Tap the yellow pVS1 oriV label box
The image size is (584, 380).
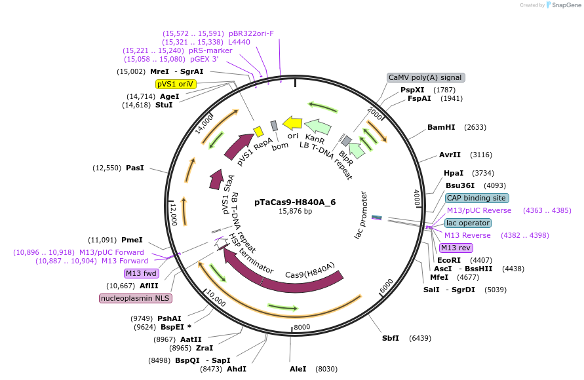pyautogui.click(x=176, y=84)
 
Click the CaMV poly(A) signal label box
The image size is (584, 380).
pyautogui.click(x=425, y=77)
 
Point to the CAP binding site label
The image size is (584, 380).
pyautogui.click(x=477, y=198)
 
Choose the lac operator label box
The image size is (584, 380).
pyautogui.click(x=467, y=223)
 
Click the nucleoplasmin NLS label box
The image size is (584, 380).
pyautogui.click(x=135, y=298)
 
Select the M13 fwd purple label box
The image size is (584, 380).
pyautogui.click(x=141, y=273)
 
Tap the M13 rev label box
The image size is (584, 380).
pyautogui.click(x=456, y=248)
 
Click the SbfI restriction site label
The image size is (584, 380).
pyautogui.click(x=391, y=338)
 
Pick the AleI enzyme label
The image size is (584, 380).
pyautogui.click(x=298, y=369)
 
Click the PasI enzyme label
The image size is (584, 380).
pyautogui.click(x=135, y=168)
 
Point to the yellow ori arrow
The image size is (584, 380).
pyautogui.click(x=292, y=124)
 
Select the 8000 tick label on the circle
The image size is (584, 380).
pyautogui.click(x=302, y=327)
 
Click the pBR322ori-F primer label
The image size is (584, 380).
pyautogui.click(x=252, y=33)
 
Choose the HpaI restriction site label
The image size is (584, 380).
pyautogui.click(x=454, y=173)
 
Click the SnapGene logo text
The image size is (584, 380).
pyautogui.click(x=566, y=5)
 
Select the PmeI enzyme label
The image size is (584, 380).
pyautogui.click(x=132, y=240)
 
